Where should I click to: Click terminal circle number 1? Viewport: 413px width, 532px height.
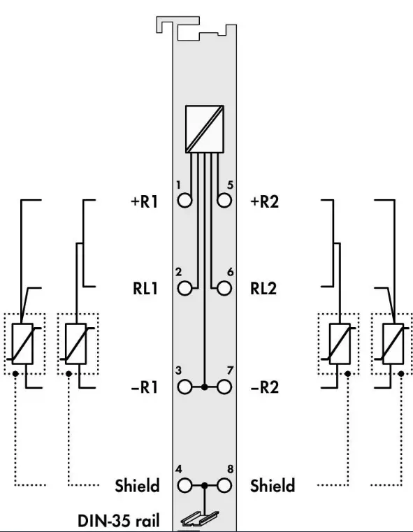point(184,200)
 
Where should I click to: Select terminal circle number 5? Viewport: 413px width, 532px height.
point(224,200)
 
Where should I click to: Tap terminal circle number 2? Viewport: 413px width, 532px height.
point(184,289)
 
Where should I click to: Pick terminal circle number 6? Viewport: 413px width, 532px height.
point(224,289)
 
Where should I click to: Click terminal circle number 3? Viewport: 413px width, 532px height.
point(184,387)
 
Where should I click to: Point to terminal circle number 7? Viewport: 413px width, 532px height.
point(224,387)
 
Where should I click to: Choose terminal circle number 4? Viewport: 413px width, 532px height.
point(184,486)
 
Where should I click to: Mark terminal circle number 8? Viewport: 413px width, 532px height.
point(224,486)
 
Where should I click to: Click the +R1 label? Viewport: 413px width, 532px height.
point(145,201)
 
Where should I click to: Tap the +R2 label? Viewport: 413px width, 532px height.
point(264,201)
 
